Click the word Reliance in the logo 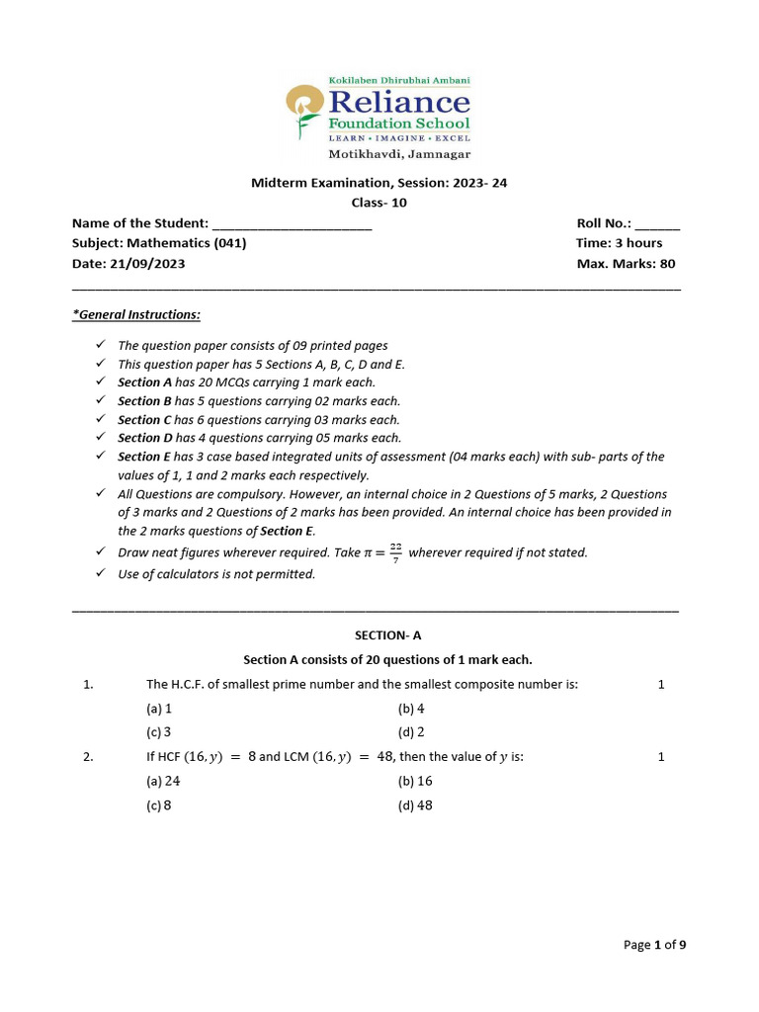coord(398,102)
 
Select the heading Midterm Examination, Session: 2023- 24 coord(379,183)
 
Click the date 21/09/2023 coord(151,264)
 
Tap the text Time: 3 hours coord(619,243)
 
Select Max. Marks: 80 coord(626,264)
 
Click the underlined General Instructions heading coord(136,314)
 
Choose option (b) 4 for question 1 coord(410,709)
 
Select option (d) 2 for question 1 coord(410,732)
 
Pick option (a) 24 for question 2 coord(163,781)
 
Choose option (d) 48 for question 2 coord(414,805)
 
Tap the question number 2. coord(88,757)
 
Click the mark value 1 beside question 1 coord(661,684)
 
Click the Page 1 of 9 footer coord(654,945)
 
